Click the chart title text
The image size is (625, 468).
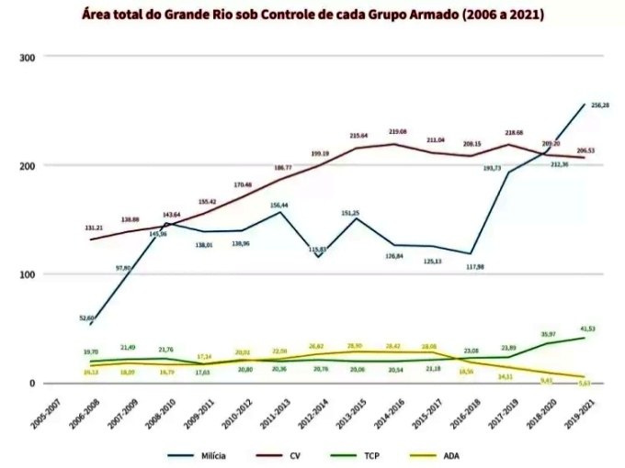point(312,16)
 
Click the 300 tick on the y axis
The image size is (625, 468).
point(27,57)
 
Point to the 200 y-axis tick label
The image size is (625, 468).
point(27,165)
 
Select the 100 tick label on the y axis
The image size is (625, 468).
point(27,274)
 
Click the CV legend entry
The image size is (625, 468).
point(295,452)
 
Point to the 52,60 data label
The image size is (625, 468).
point(87,318)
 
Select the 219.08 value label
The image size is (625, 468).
point(397,132)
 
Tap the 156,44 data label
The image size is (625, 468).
point(278,206)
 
